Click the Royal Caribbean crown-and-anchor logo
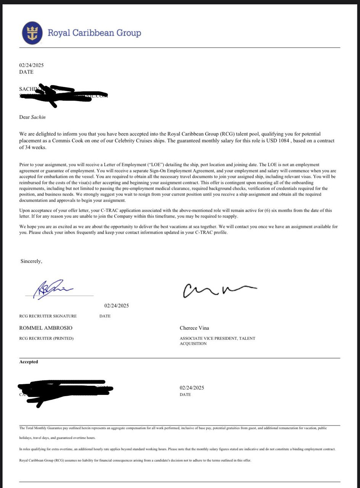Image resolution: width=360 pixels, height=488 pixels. pos(33,32)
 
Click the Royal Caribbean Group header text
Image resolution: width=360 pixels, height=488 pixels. pos(94,33)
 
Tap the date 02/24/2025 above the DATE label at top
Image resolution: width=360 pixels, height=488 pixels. pos(31,65)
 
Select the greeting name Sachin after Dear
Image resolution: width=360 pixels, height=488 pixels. pos(38,117)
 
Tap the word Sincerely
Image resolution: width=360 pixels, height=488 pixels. pos(31,261)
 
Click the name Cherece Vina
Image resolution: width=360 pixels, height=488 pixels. pos(194,328)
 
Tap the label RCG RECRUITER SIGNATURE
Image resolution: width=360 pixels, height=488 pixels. pos(48,316)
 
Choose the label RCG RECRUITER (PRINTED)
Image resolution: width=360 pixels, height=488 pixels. pos(47,338)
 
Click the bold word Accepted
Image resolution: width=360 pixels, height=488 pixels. pos(29,362)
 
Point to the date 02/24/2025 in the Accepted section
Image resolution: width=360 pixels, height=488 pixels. pos(192,388)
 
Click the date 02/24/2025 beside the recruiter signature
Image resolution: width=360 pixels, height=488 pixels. pos(117,305)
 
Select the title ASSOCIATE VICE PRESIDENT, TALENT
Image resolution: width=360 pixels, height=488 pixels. pos(217,338)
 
